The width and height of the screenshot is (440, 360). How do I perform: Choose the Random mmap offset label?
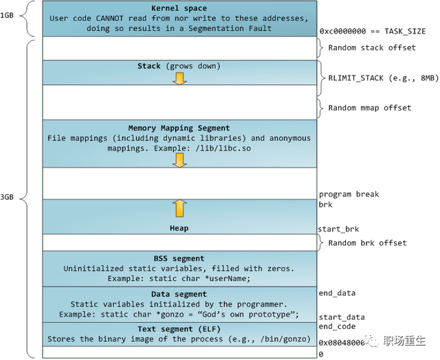click(x=370, y=108)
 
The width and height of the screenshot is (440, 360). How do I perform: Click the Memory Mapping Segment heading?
click(x=179, y=128)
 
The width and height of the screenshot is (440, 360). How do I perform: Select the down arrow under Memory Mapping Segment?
click(x=179, y=159)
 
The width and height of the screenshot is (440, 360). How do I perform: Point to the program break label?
click(x=349, y=194)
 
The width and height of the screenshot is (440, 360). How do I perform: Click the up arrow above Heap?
click(x=179, y=209)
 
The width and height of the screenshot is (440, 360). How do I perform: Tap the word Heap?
click(x=179, y=228)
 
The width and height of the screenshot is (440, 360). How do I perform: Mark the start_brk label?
click(x=338, y=229)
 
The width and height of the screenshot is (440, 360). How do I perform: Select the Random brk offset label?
click(x=367, y=243)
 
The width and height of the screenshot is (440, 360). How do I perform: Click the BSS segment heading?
click(x=179, y=258)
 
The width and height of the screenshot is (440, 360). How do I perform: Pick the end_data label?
click(x=337, y=293)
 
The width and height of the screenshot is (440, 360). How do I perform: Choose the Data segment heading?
click(x=179, y=294)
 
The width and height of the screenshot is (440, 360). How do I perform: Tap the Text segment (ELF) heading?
click(x=179, y=328)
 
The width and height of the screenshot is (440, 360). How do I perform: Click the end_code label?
click(x=337, y=327)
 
